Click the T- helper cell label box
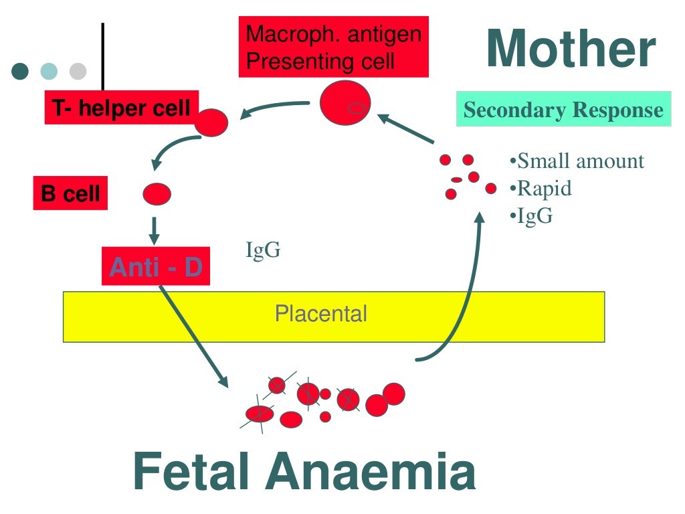(120, 108)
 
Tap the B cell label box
(70, 194)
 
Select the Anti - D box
(156, 267)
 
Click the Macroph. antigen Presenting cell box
(333, 47)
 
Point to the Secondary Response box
(563, 110)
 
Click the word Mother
(571, 50)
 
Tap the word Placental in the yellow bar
(321, 313)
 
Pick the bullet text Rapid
(543, 189)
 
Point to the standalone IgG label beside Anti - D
(263, 251)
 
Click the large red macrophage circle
(345, 102)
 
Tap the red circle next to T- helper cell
(212, 122)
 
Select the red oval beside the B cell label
(157, 194)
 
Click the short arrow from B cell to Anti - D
(155, 230)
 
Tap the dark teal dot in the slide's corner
(21, 71)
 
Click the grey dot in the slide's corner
(78, 71)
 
